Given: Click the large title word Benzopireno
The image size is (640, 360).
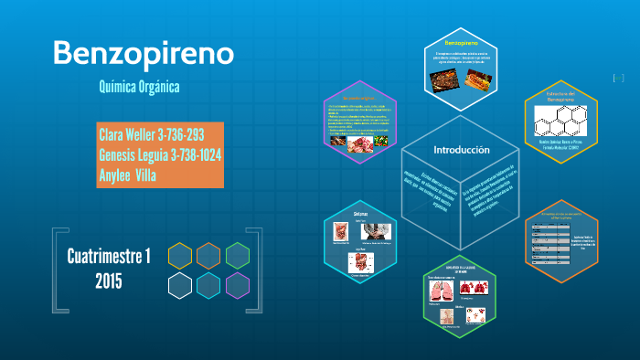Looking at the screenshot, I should coord(144,52).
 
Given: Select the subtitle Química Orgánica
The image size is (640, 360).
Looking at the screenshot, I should coord(139,87).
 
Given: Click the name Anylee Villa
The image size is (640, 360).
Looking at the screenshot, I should coord(126,175).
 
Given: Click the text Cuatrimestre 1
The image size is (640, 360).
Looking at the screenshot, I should coord(109,256).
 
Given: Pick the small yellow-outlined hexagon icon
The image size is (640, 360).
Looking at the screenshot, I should coord(180,255).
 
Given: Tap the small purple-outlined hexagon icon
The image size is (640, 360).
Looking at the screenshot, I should coord(238,285).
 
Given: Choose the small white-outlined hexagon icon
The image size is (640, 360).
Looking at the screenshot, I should coord(180,285).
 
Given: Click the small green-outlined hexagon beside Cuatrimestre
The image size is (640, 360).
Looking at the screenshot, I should coord(238,255).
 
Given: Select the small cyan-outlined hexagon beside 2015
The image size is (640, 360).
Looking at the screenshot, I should coord(208,285).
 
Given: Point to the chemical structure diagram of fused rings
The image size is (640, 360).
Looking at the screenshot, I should coord(560,119).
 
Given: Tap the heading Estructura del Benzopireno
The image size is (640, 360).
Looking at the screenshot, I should coord(559,96).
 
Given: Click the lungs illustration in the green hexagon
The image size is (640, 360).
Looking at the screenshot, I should coord(443,290).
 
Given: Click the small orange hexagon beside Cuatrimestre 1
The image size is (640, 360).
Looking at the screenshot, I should coord(208,255).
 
